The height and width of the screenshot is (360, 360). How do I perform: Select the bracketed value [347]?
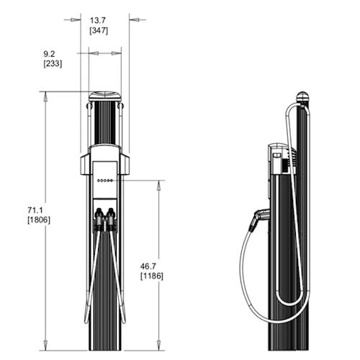tap(100, 32)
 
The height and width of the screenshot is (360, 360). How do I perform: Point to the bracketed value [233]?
tap(53, 63)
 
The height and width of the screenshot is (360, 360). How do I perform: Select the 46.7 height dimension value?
tap(151, 265)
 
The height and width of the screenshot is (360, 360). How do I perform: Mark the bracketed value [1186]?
tap(151, 276)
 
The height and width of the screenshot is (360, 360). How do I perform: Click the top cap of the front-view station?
tap(104, 95)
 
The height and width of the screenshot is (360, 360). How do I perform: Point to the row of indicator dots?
tap(104, 181)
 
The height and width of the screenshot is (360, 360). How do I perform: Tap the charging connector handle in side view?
tap(258, 217)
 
